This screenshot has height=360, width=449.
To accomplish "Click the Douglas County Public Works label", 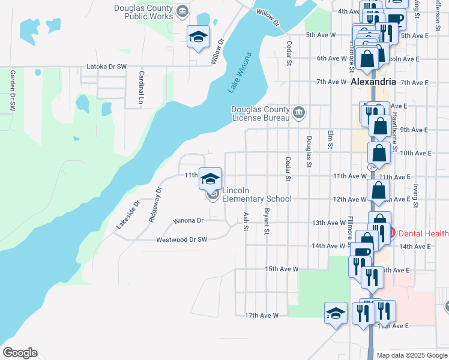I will point(144,12).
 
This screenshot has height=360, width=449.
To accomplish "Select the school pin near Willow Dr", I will point(199,38).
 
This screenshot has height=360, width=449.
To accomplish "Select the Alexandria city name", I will point(373,82).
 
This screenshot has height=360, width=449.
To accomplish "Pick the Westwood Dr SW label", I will point(181,239).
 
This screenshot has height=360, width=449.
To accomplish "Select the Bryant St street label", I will point(267,221).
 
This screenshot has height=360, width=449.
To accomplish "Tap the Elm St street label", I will point(330,139).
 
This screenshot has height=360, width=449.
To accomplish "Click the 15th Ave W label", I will point(282,269).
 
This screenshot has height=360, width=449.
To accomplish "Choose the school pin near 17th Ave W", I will point(336,313).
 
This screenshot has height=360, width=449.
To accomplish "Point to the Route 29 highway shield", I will point(373,166).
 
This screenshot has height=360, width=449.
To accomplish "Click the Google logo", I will point(20,353).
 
